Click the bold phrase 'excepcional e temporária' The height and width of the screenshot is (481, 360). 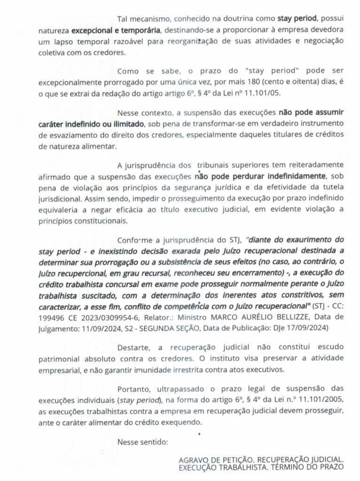115,31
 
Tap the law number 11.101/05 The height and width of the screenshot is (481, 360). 263,93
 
